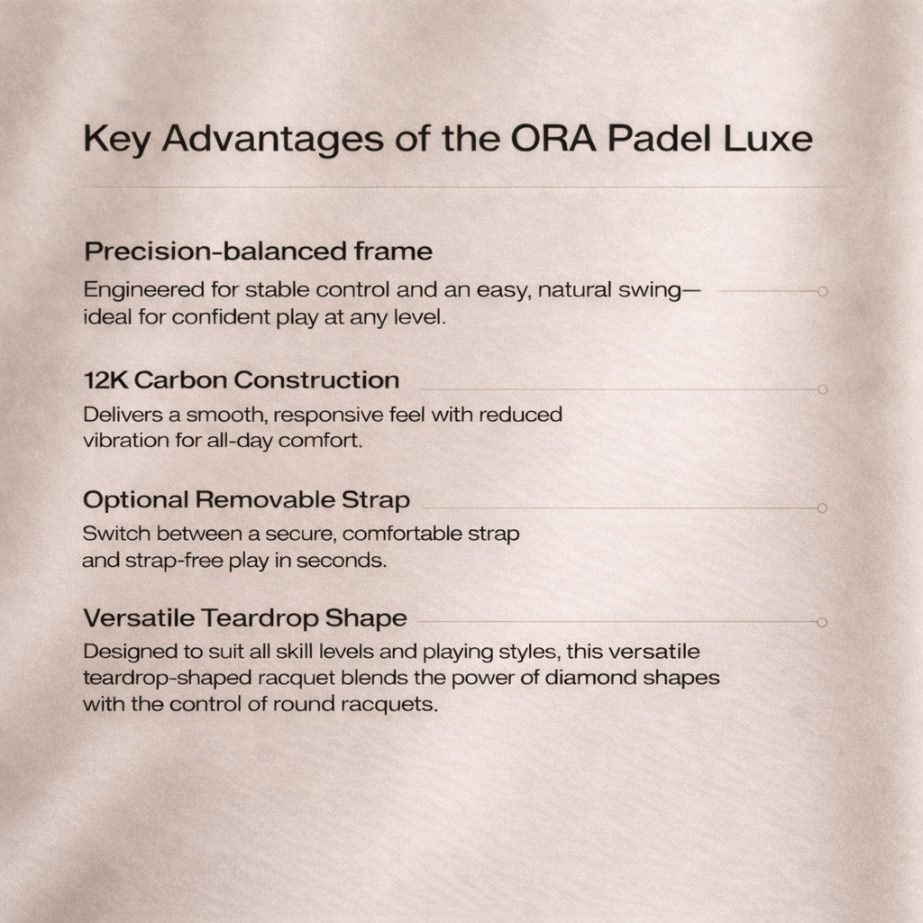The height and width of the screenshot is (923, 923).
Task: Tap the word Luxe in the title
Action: coord(772,139)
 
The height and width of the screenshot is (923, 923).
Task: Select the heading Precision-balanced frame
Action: coord(258,251)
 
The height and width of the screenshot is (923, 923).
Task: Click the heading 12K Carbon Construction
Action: coord(241,380)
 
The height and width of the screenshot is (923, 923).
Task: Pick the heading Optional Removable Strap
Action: coord(246,499)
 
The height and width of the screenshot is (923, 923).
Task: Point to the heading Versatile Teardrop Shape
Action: coord(244,618)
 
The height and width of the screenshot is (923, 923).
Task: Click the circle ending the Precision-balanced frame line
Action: coord(822,291)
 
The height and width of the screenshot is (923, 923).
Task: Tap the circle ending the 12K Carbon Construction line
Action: coord(822,389)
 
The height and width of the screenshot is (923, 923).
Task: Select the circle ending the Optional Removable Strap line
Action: coord(822,508)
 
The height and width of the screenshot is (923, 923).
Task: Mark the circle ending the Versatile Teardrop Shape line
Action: coord(822,622)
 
